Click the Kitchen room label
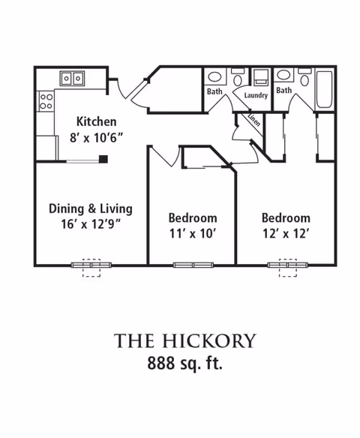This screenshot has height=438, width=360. (x=96, y=121)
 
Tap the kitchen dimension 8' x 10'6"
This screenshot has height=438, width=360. (x=96, y=137)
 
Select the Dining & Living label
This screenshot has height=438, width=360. (x=91, y=209)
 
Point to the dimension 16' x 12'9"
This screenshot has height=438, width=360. (x=91, y=224)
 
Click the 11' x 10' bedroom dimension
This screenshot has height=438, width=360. (x=193, y=233)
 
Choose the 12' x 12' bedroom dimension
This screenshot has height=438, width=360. (x=286, y=233)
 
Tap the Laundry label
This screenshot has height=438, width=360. (x=256, y=95)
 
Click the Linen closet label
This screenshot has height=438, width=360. (x=254, y=119)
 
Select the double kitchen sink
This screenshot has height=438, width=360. (x=72, y=79)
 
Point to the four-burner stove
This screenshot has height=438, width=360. (x=46, y=101)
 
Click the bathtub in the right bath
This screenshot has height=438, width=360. (x=324, y=89)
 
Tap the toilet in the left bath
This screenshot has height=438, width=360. (x=238, y=77)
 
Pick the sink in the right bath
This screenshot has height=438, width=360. (x=283, y=74)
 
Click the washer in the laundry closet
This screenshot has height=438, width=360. (x=260, y=76)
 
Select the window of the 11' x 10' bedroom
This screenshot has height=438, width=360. (x=193, y=265)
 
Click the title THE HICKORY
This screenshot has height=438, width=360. (x=185, y=340)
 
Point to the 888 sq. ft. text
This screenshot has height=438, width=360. (x=185, y=363)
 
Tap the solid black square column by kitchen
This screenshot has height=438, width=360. (x=103, y=159)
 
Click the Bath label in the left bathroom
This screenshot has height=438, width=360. (x=214, y=91)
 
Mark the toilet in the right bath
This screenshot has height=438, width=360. (x=304, y=77)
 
